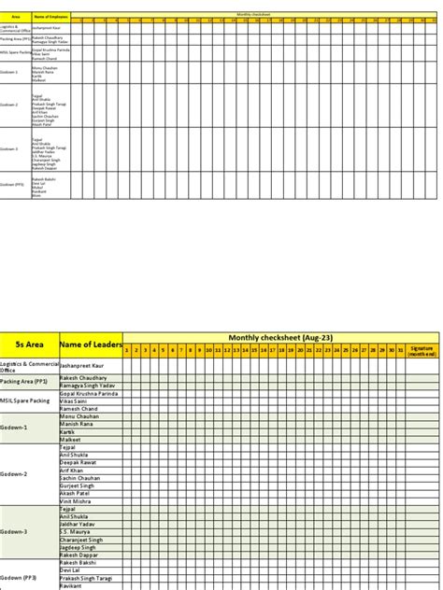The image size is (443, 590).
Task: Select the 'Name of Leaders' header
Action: (91, 344)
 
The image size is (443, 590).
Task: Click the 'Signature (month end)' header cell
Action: (422, 350)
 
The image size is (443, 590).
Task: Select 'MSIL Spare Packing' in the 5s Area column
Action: (25, 400)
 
